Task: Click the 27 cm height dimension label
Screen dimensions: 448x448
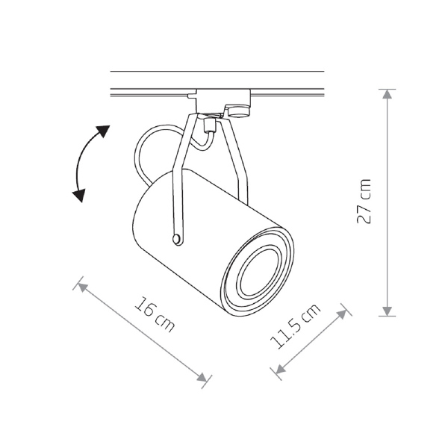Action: [x=364, y=201]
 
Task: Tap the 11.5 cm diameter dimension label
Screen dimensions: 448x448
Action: [x=295, y=326]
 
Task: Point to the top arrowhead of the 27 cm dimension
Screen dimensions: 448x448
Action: [x=387, y=94]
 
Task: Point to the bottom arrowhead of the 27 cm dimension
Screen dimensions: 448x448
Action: [x=387, y=311]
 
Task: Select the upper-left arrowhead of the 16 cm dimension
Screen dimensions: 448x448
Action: [x=82, y=287]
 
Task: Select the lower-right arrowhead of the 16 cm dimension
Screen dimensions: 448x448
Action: [x=202, y=377]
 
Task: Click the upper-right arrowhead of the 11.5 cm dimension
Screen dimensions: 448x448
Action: [x=342, y=314]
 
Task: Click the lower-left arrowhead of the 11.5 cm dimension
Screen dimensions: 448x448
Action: [x=280, y=369]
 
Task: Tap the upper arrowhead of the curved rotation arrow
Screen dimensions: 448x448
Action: [x=104, y=131]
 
